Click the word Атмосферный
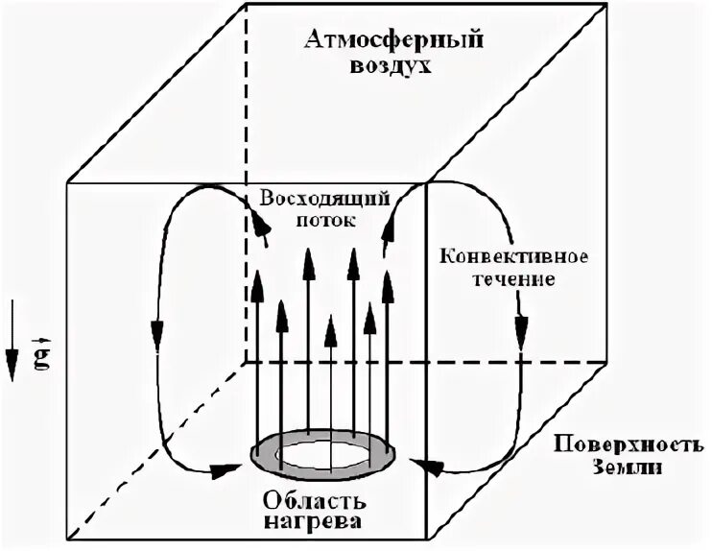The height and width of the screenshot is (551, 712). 392,40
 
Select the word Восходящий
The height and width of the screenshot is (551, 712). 323,198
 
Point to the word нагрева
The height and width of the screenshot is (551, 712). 323,525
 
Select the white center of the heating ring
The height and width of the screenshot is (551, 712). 323,451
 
